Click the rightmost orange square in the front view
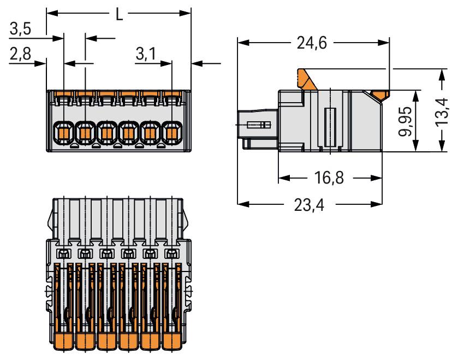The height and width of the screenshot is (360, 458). tap(172, 132)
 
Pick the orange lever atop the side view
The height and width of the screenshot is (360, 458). tap(306, 79)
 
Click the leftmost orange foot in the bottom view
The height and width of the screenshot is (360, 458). tap(63, 343)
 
